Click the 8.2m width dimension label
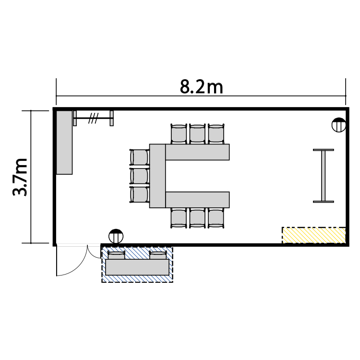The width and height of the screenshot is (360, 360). (x=201, y=87)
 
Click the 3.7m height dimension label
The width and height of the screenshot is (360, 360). (x=20, y=177)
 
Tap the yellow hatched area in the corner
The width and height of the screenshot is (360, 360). (x=313, y=235)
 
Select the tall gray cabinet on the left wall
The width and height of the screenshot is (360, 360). (x=64, y=143)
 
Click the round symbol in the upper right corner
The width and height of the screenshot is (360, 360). (x=339, y=125)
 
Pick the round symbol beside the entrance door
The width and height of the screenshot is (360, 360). (x=116, y=236)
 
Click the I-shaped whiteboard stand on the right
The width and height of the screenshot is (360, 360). (x=324, y=176)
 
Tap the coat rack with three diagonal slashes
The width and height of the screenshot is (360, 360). (x=93, y=118)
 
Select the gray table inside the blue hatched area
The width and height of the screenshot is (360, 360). (x=137, y=267)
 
